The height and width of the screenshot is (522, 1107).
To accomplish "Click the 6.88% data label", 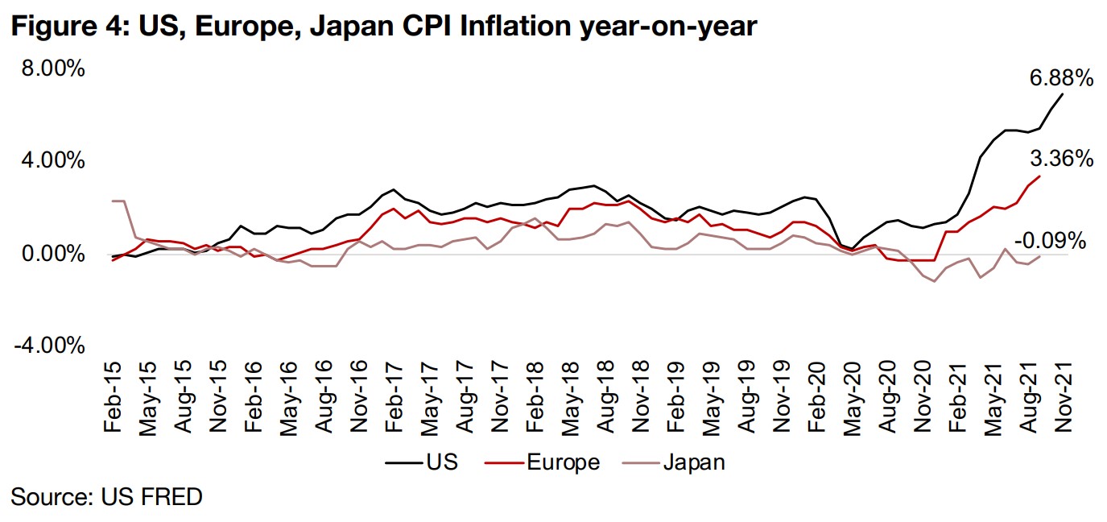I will (x=1061, y=79).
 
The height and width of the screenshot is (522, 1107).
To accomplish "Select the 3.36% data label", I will (x=1061, y=159).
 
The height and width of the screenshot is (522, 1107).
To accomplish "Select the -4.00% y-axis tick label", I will (x=48, y=346).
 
